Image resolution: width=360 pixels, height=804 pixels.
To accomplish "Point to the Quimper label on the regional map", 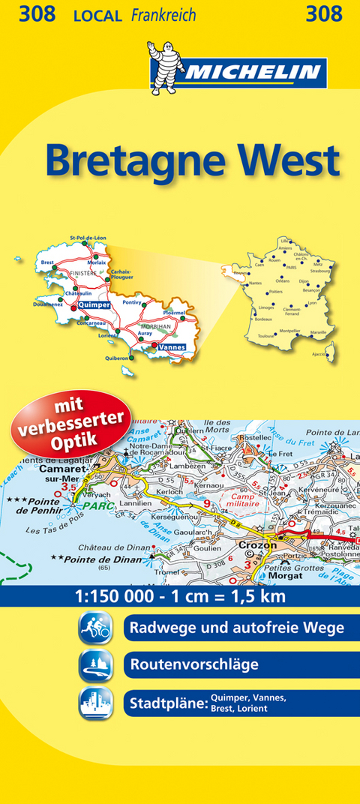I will point(94,305).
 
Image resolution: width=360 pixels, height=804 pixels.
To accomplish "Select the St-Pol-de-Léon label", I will point(88,238).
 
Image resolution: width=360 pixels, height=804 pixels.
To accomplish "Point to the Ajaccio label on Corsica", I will point(319,354).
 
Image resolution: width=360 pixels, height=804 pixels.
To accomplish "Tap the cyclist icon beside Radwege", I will point(95,628).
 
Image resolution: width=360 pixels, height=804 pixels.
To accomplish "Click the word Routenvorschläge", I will point(194,664).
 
